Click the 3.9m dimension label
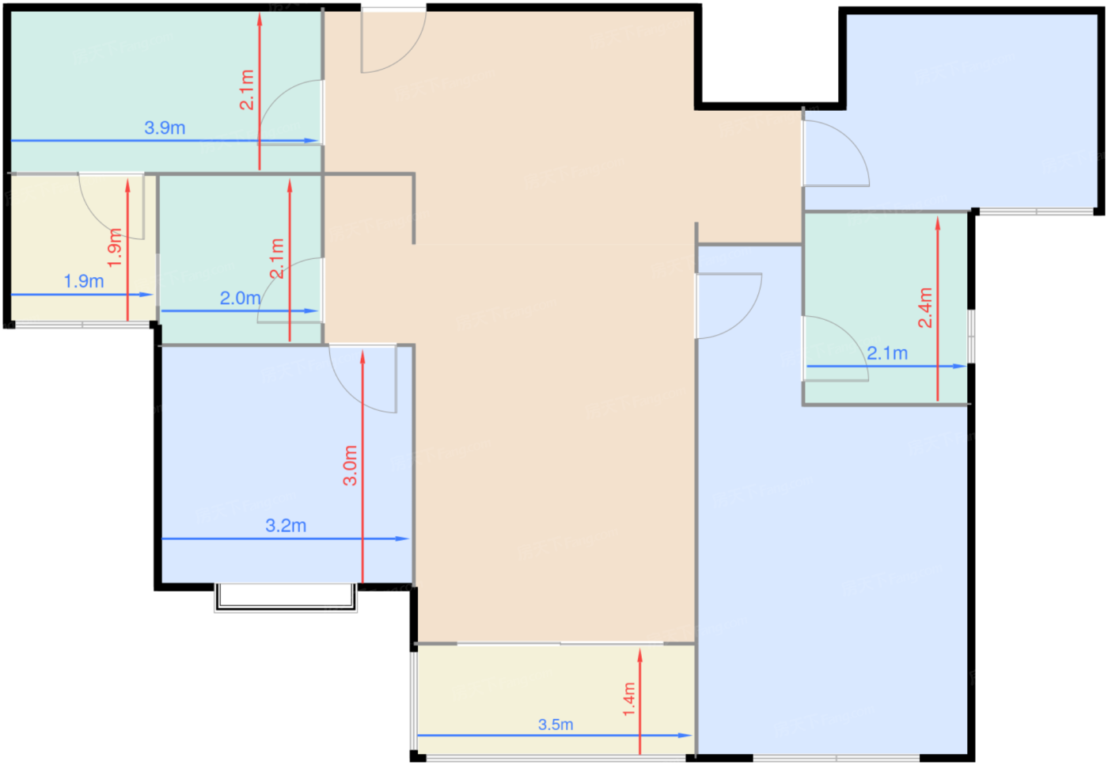point(165,127)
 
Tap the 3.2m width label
point(286,526)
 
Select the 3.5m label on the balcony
point(556,725)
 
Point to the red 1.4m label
point(628,699)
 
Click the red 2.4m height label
point(925,308)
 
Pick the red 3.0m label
point(350,466)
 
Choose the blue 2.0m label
point(241,298)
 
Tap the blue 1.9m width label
point(84,281)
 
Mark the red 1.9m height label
point(114,248)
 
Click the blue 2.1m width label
point(887,353)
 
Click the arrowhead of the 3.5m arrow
point(685,736)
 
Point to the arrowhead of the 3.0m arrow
point(362,357)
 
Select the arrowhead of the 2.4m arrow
point(937,223)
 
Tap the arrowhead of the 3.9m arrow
point(311,140)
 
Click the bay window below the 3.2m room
point(286,598)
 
